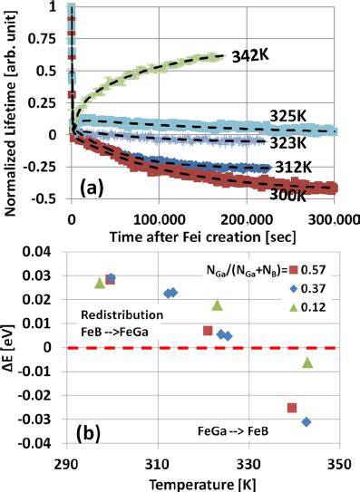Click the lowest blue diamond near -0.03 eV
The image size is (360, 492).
[x=306, y=421]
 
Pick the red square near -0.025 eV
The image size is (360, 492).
[x=292, y=408]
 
